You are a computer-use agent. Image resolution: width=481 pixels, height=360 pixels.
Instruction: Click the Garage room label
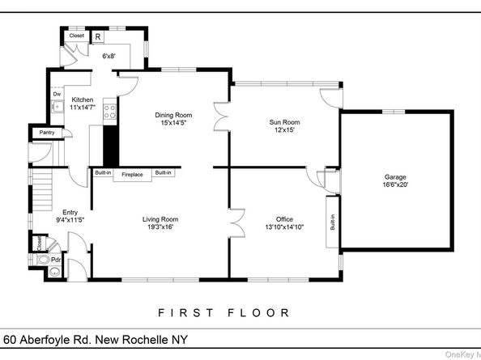pos(395,176)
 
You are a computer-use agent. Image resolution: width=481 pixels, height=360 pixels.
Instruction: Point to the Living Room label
pos(160,218)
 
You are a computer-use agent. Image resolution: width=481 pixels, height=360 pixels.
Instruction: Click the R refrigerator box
pos(97,36)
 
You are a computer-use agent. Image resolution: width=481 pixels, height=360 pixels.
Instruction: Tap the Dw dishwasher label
pos(57,94)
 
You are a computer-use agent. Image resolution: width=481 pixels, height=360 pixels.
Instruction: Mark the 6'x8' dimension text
pos(109,56)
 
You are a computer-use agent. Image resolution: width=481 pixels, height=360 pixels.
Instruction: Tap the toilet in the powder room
pos(54,272)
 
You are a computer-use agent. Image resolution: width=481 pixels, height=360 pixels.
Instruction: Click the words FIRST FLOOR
pos(223,311)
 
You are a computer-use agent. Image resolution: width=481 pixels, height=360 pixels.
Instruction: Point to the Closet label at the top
pos(76,36)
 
